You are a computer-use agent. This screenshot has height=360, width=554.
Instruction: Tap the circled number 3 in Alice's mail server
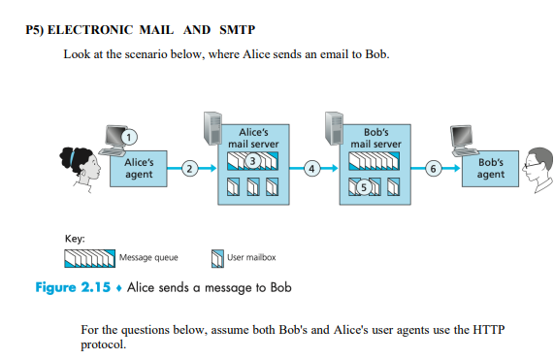tap(252, 159)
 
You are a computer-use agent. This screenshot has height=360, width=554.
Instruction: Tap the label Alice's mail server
tap(252, 137)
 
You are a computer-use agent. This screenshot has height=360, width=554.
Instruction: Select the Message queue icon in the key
tap(90, 257)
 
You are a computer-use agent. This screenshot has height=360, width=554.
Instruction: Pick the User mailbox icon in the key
tap(217, 257)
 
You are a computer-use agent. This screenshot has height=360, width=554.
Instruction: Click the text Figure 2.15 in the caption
tap(68, 287)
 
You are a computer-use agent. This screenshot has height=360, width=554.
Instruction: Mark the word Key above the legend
tap(75, 238)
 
